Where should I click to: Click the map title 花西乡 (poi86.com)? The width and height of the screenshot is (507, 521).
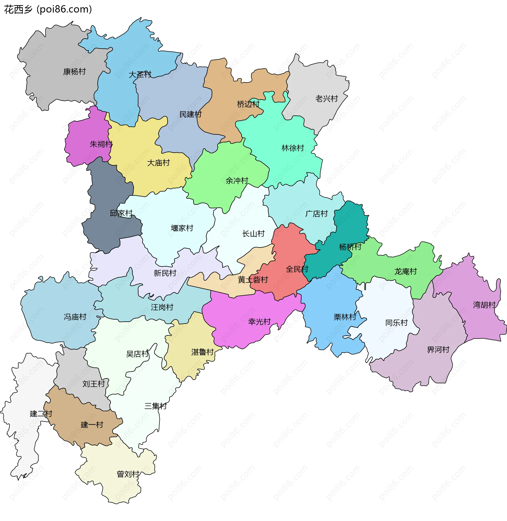point(48,9)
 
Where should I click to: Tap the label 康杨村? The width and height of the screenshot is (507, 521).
point(74,72)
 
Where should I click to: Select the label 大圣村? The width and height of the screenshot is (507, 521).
point(140,74)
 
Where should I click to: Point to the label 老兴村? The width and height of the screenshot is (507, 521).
point(326,99)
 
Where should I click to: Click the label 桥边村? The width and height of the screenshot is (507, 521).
point(248,104)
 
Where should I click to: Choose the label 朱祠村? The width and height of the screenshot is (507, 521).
point(101,144)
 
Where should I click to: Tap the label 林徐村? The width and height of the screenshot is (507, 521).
point(293,148)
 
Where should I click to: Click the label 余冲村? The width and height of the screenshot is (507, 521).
point(237,181)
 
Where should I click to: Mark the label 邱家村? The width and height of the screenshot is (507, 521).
point(121,213)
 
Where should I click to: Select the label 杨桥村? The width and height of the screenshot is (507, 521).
point(350,247)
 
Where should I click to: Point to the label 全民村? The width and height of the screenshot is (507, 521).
point(297,269)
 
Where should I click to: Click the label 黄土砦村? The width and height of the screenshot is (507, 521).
point(253,280)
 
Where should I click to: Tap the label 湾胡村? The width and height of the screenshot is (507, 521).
point(484,305)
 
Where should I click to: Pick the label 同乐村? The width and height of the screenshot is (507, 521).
point(397,323)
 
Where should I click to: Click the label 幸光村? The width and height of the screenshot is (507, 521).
point(259,322)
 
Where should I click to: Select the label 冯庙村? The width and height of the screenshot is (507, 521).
point(75,317)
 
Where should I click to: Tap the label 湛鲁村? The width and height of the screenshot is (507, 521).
point(202,352)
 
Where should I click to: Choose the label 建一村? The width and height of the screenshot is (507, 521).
point(92,425)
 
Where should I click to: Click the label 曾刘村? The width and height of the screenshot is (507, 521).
point(128,474)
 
